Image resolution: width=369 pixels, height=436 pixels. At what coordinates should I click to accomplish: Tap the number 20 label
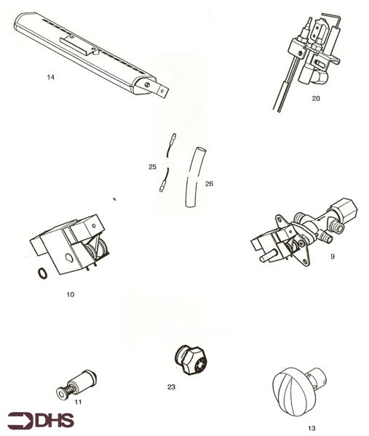pyautogui.click(x=316, y=98)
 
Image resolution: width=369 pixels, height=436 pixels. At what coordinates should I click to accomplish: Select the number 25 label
pyautogui.click(x=152, y=167)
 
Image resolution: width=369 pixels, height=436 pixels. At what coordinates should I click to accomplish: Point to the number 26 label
pyautogui.click(x=209, y=183)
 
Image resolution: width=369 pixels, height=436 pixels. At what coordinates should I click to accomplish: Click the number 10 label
pyautogui.click(x=70, y=294)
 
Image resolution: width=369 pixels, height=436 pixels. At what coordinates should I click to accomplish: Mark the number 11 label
pyautogui.click(x=78, y=401)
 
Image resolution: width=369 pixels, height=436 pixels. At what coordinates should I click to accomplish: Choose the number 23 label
pyautogui.click(x=171, y=387)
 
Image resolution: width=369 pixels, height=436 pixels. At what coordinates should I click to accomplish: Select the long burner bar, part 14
pyautogui.click(x=87, y=51)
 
